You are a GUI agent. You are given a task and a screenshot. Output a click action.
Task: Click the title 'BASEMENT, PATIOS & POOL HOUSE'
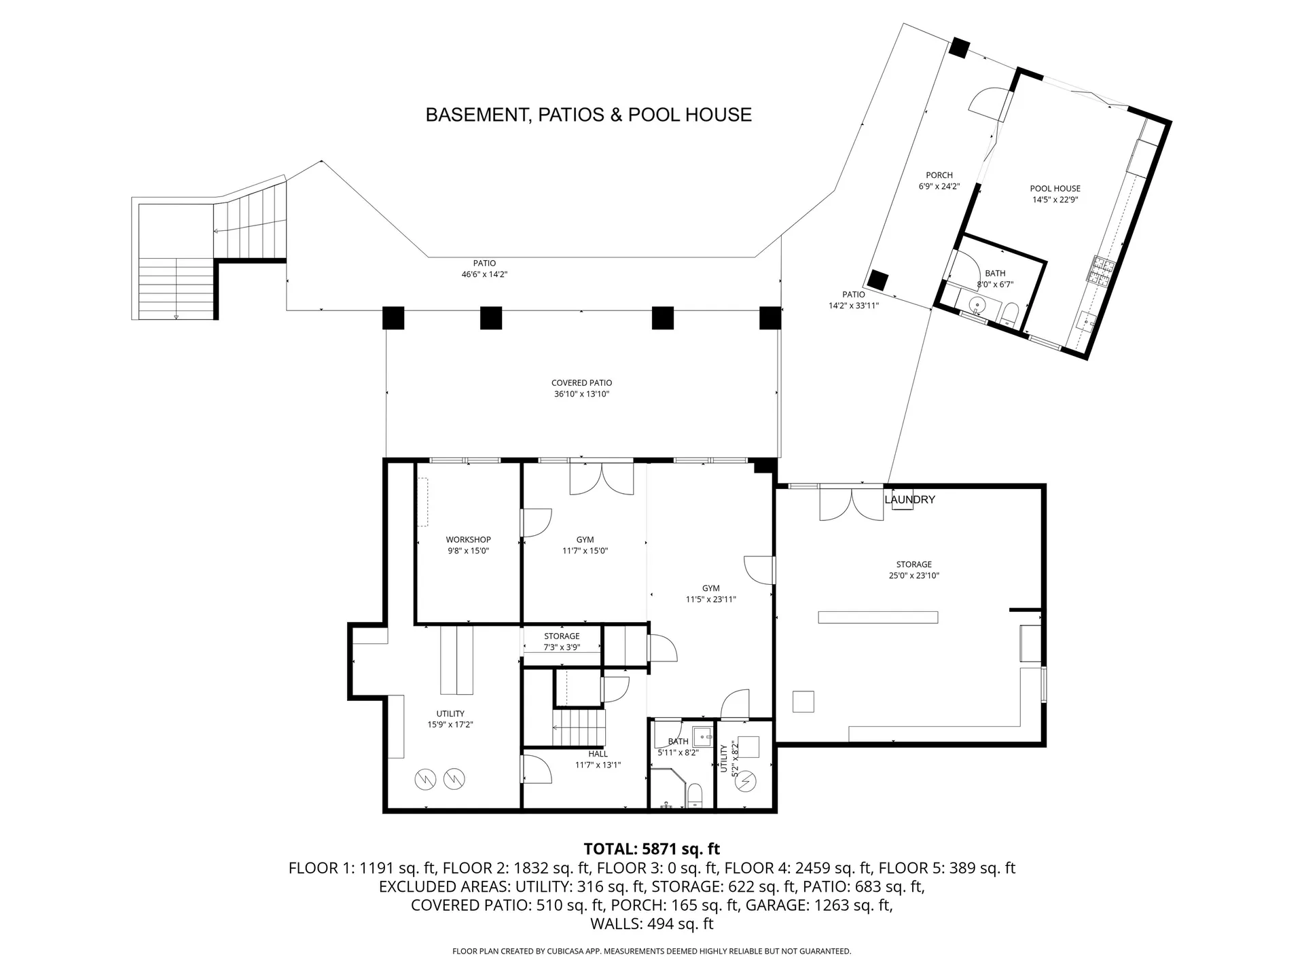click(588, 115)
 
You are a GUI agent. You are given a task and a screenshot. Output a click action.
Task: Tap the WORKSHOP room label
click(468, 540)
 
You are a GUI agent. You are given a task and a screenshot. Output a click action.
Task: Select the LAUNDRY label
click(909, 499)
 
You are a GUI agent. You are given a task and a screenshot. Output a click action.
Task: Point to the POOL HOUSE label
click(1055, 189)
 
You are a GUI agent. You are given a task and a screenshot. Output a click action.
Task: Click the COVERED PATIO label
click(581, 383)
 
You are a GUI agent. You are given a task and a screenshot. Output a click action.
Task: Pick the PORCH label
click(939, 175)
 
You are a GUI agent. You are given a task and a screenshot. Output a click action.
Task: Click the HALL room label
click(598, 754)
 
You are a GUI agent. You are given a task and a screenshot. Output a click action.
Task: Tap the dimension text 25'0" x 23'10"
click(913, 575)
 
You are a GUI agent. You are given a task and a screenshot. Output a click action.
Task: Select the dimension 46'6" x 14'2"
click(484, 274)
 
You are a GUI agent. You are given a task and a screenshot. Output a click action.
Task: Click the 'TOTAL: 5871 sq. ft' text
click(652, 849)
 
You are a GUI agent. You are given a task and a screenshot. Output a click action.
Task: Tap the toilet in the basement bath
click(694, 795)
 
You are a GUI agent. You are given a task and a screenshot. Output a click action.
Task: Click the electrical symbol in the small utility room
click(746, 782)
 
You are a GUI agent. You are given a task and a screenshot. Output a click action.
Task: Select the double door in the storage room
click(852, 504)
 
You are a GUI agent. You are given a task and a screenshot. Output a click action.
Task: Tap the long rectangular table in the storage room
click(878, 617)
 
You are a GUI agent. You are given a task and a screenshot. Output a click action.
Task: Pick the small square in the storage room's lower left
click(803, 701)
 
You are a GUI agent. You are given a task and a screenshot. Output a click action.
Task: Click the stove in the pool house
click(1101, 270)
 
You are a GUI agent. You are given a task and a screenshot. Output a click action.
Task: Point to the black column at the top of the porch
click(958, 47)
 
